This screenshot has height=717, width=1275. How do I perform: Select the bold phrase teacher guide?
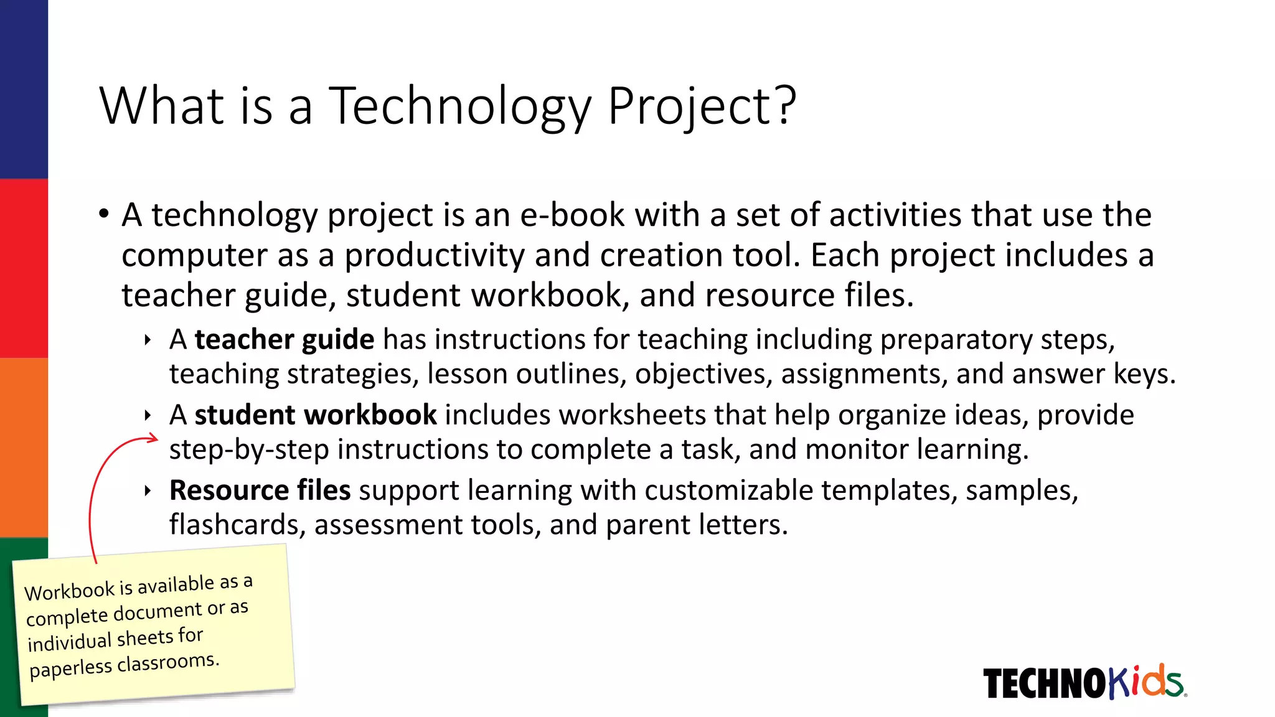[285, 340]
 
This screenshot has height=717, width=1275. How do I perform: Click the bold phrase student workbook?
[316, 415]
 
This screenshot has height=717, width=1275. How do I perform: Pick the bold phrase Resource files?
[260, 490]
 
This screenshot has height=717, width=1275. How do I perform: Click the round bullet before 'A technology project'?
[104, 214]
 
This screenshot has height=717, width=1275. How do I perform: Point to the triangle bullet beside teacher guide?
[148, 340]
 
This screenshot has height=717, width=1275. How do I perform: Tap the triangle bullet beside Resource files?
[148, 490]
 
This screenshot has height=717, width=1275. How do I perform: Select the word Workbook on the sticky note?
[70, 591]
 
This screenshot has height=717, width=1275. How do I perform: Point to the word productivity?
[435, 256]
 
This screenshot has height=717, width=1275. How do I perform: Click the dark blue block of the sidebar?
[24, 89]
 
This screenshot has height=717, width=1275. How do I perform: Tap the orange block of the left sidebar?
[24, 447]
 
